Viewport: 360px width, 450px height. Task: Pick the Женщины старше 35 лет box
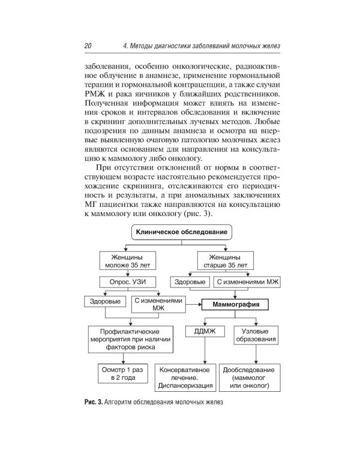click(223, 260)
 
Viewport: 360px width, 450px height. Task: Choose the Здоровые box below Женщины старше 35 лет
click(190, 281)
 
